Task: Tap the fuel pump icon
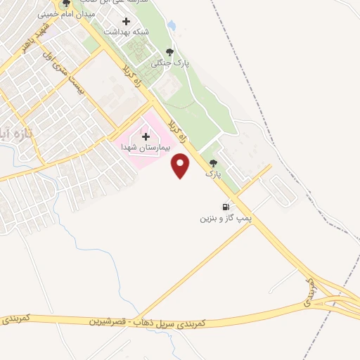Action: tap(226, 207)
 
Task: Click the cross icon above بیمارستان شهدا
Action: tap(146, 136)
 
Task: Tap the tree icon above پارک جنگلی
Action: tap(169, 51)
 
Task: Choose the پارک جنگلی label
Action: tap(169, 63)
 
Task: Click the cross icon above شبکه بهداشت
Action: tap(127, 21)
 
